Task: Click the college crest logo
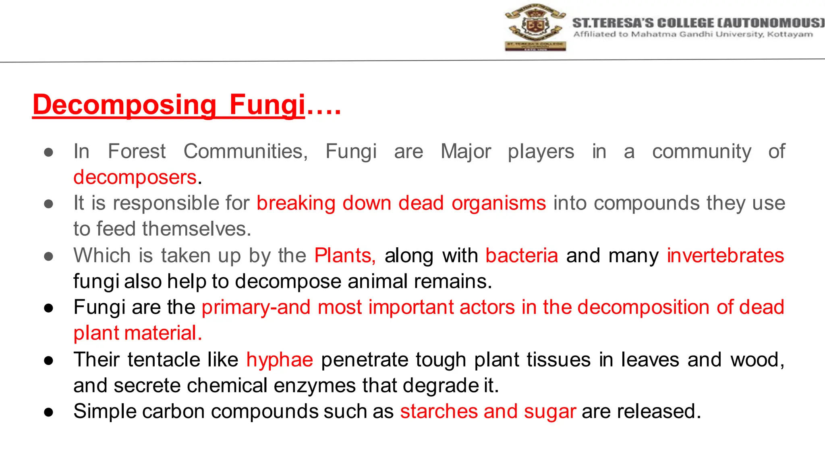click(535, 27)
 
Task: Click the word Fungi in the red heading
click(267, 105)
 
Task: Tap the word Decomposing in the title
click(125, 105)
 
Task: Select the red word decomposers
click(135, 177)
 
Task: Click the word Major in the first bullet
click(466, 152)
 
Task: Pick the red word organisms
click(499, 203)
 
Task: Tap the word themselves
click(197, 229)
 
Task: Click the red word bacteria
click(522, 255)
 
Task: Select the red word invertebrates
click(725, 255)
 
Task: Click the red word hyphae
click(280, 359)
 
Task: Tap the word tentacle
click(164, 359)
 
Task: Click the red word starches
click(438, 411)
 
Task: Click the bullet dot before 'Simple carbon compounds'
click(49, 412)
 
